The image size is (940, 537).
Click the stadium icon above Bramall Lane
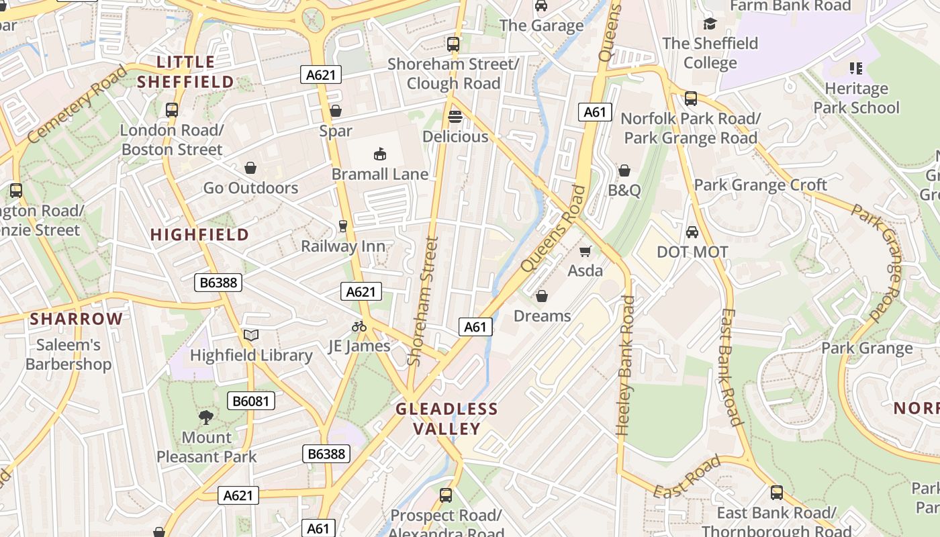(x=380, y=154)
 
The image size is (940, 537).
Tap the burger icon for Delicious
(x=455, y=117)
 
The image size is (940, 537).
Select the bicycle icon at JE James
(x=359, y=326)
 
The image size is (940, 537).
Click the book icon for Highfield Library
(x=251, y=335)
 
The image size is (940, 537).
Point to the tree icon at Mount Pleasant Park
(x=206, y=418)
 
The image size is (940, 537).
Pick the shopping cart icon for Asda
(x=585, y=251)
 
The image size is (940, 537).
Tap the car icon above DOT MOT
(x=692, y=232)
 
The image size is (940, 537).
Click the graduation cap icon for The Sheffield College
(x=710, y=24)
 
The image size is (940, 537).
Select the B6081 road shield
(x=251, y=401)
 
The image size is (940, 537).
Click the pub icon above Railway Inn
(x=343, y=226)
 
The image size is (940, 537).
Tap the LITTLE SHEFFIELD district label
(x=185, y=72)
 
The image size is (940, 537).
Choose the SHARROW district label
(x=76, y=319)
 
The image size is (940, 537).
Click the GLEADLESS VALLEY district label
(x=446, y=419)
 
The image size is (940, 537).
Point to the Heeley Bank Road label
(x=625, y=366)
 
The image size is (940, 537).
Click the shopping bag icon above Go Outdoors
(x=250, y=168)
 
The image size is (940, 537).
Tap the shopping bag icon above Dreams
(x=542, y=296)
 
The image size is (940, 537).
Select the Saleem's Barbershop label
(x=68, y=354)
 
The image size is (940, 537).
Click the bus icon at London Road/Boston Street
(x=172, y=110)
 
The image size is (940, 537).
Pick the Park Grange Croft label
(x=760, y=185)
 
